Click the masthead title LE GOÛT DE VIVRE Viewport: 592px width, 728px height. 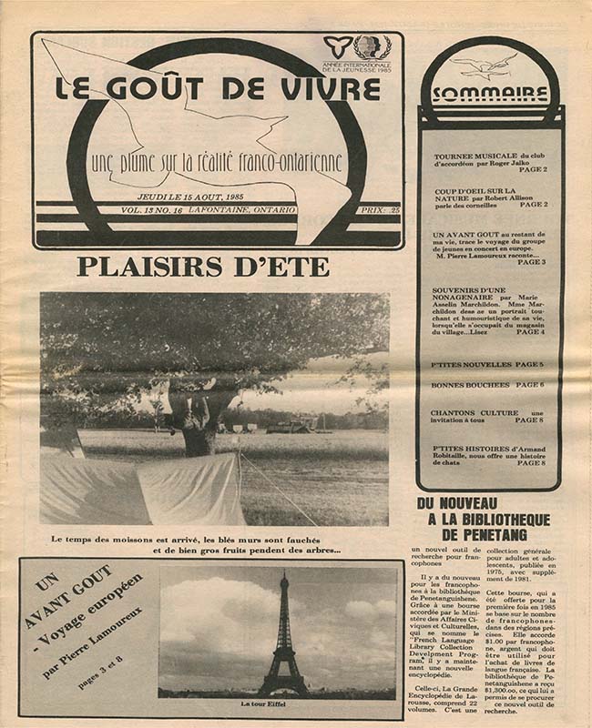point(218,89)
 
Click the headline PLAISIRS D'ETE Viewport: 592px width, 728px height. point(202,268)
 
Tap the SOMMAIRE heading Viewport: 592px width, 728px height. point(490,95)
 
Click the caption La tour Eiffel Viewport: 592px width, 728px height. point(282,703)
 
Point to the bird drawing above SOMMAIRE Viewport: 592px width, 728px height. point(485,66)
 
